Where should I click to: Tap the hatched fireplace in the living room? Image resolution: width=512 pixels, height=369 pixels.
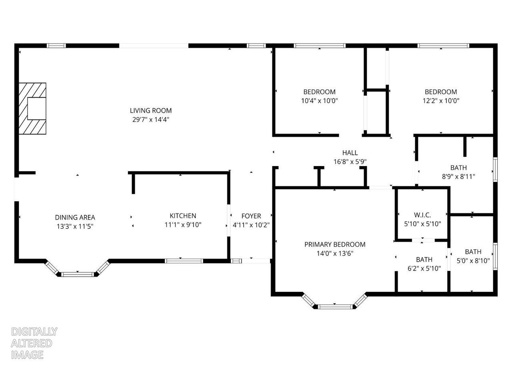[32, 108]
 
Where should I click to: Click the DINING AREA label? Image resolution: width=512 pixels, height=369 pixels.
[75, 217]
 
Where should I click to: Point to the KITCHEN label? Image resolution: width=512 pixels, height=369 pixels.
[183, 216]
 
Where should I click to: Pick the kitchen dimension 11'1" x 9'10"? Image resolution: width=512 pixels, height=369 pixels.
[183, 225]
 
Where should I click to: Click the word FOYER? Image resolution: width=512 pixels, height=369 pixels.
[251, 216]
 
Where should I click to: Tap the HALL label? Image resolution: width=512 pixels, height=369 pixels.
[350, 152]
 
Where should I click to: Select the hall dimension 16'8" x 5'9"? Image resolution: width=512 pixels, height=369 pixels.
[350, 162]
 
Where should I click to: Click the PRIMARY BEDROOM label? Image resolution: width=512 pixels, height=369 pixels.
[335, 244]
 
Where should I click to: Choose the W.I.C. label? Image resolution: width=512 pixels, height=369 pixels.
[422, 215]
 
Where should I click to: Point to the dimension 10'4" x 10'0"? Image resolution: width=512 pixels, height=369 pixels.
[319, 101]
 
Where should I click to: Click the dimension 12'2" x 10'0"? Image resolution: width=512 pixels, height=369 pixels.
[441, 101]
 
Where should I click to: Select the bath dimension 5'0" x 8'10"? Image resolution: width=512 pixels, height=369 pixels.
[473, 261]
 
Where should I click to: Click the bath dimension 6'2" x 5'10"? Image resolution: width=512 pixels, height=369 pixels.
[424, 269]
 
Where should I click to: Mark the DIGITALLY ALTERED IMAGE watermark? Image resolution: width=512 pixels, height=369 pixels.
[34, 343]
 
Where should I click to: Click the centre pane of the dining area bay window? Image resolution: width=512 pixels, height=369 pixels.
[77, 274]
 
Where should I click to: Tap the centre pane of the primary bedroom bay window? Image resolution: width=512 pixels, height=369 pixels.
[335, 307]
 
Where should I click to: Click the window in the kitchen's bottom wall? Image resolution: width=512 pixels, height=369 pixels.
[184, 261]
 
